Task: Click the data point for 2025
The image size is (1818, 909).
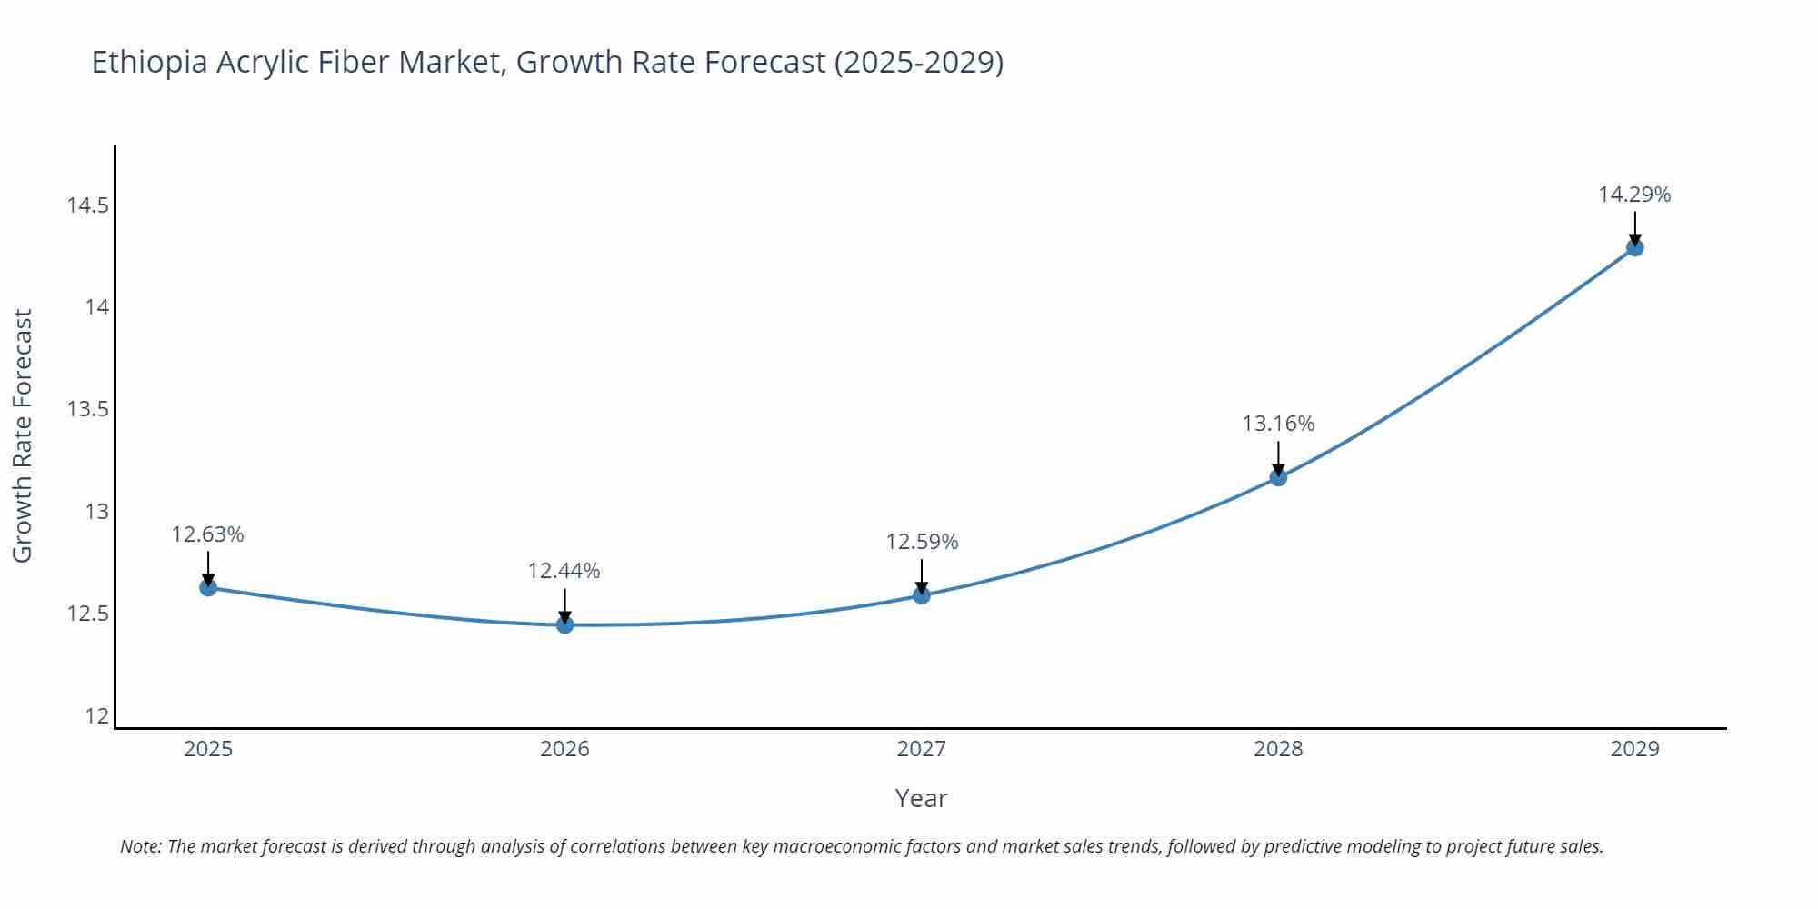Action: pyautogui.click(x=208, y=587)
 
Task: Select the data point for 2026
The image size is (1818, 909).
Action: pyautogui.click(x=564, y=624)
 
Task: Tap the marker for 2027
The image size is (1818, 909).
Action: pyautogui.click(x=922, y=595)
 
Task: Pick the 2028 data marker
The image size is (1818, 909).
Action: pyautogui.click(x=1278, y=477)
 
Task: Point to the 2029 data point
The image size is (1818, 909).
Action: pyautogui.click(x=1634, y=247)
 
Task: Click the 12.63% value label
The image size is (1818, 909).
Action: pyautogui.click(x=208, y=534)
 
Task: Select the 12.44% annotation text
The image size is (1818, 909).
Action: pyautogui.click(x=564, y=571)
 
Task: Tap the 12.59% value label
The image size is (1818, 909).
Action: pyautogui.click(x=922, y=542)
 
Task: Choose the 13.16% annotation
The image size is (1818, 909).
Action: pyautogui.click(x=1278, y=424)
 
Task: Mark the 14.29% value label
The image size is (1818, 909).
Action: pyautogui.click(x=1634, y=195)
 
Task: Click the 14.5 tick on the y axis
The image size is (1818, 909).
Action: pyautogui.click(x=87, y=205)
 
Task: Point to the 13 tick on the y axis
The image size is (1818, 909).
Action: pyautogui.click(x=96, y=512)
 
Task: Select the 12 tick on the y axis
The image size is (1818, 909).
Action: pyautogui.click(x=96, y=716)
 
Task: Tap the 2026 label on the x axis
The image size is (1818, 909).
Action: pyautogui.click(x=564, y=749)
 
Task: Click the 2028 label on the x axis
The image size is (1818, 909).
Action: pyautogui.click(x=1278, y=749)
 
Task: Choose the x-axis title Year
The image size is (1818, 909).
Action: pyautogui.click(x=921, y=798)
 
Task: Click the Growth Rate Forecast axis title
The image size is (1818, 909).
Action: pyautogui.click(x=23, y=435)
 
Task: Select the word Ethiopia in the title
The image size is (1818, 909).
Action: pyautogui.click(x=150, y=63)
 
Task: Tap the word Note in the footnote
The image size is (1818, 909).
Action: pyautogui.click(x=140, y=846)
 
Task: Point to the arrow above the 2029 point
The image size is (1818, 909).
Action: pyautogui.click(x=1634, y=227)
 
